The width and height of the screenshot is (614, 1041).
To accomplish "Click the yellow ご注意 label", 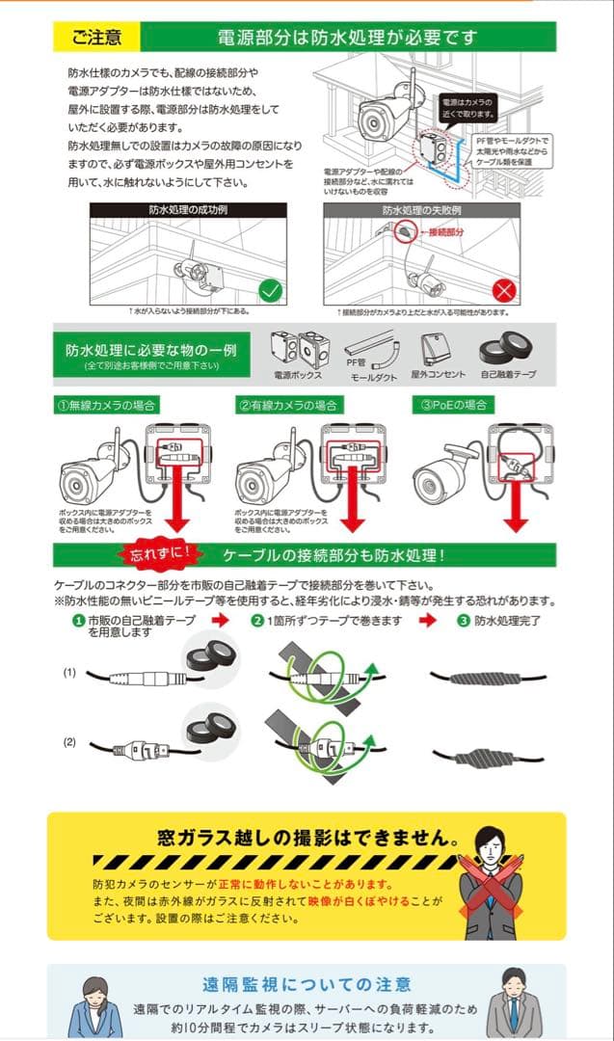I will click(x=95, y=38).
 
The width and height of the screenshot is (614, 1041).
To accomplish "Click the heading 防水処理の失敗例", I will click(x=422, y=209).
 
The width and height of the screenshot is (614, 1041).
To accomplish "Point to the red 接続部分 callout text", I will click(x=445, y=232).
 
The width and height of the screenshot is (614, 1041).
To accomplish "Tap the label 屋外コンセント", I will click(x=438, y=374).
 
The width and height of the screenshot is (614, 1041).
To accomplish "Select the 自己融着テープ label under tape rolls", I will click(x=507, y=374).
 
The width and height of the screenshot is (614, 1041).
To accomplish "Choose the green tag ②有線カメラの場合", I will click(x=288, y=405).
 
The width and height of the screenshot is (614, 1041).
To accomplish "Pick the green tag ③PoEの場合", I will click(x=453, y=405).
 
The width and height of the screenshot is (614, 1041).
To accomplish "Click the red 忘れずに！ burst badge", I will click(x=158, y=555).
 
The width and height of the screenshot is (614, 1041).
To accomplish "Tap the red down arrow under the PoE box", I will click(x=517, y=506).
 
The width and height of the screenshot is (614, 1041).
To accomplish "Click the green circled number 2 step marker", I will click(x=257, y=621).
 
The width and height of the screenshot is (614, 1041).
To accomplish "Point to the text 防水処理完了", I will click(x=507, y=621).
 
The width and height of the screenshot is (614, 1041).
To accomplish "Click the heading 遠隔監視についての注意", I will click(x=307, y=984).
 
